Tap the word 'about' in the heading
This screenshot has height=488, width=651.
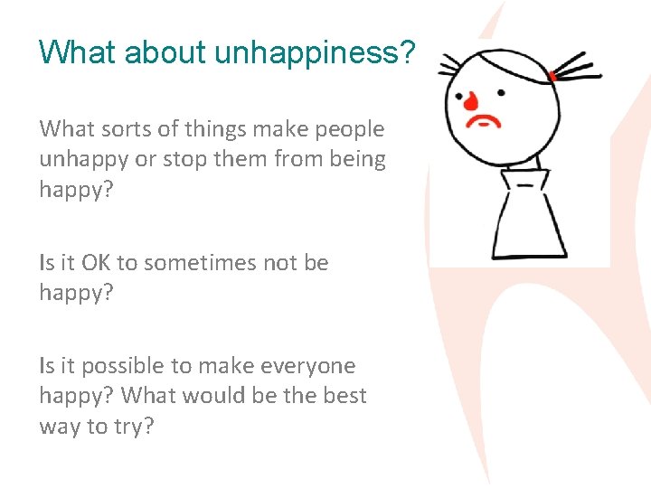click(165, 52)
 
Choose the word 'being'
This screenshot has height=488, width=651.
click(354, 160)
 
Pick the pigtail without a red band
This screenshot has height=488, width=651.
click(448, 66)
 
